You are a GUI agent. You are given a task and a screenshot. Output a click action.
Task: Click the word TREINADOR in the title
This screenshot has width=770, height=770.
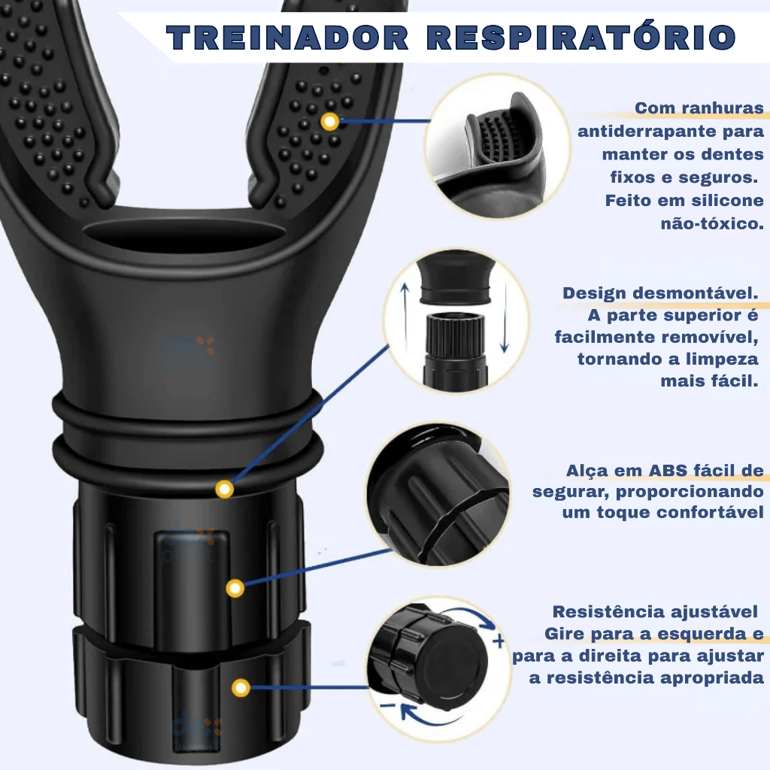click(x=288, y=38)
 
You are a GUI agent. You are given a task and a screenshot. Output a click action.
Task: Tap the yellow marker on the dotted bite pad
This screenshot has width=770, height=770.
click(x=330, y=121)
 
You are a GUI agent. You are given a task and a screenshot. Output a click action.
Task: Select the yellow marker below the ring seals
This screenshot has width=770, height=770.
click(x=224, y=489)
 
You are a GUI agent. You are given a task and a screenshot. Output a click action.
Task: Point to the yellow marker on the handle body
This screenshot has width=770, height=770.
click(x=235, y=588)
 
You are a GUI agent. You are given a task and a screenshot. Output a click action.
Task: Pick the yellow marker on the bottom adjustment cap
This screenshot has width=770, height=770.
click(x=241, y=688)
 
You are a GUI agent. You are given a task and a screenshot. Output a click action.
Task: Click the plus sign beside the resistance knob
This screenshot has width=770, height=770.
click(x=499, y=641)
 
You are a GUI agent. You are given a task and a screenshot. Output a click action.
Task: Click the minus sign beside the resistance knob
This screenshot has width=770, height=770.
click(x=388, y=706)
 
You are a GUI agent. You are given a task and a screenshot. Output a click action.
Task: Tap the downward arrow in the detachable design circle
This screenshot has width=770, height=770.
click(x=505, y=318)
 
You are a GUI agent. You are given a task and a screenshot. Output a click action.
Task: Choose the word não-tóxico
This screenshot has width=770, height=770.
click(x=712, y=224)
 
